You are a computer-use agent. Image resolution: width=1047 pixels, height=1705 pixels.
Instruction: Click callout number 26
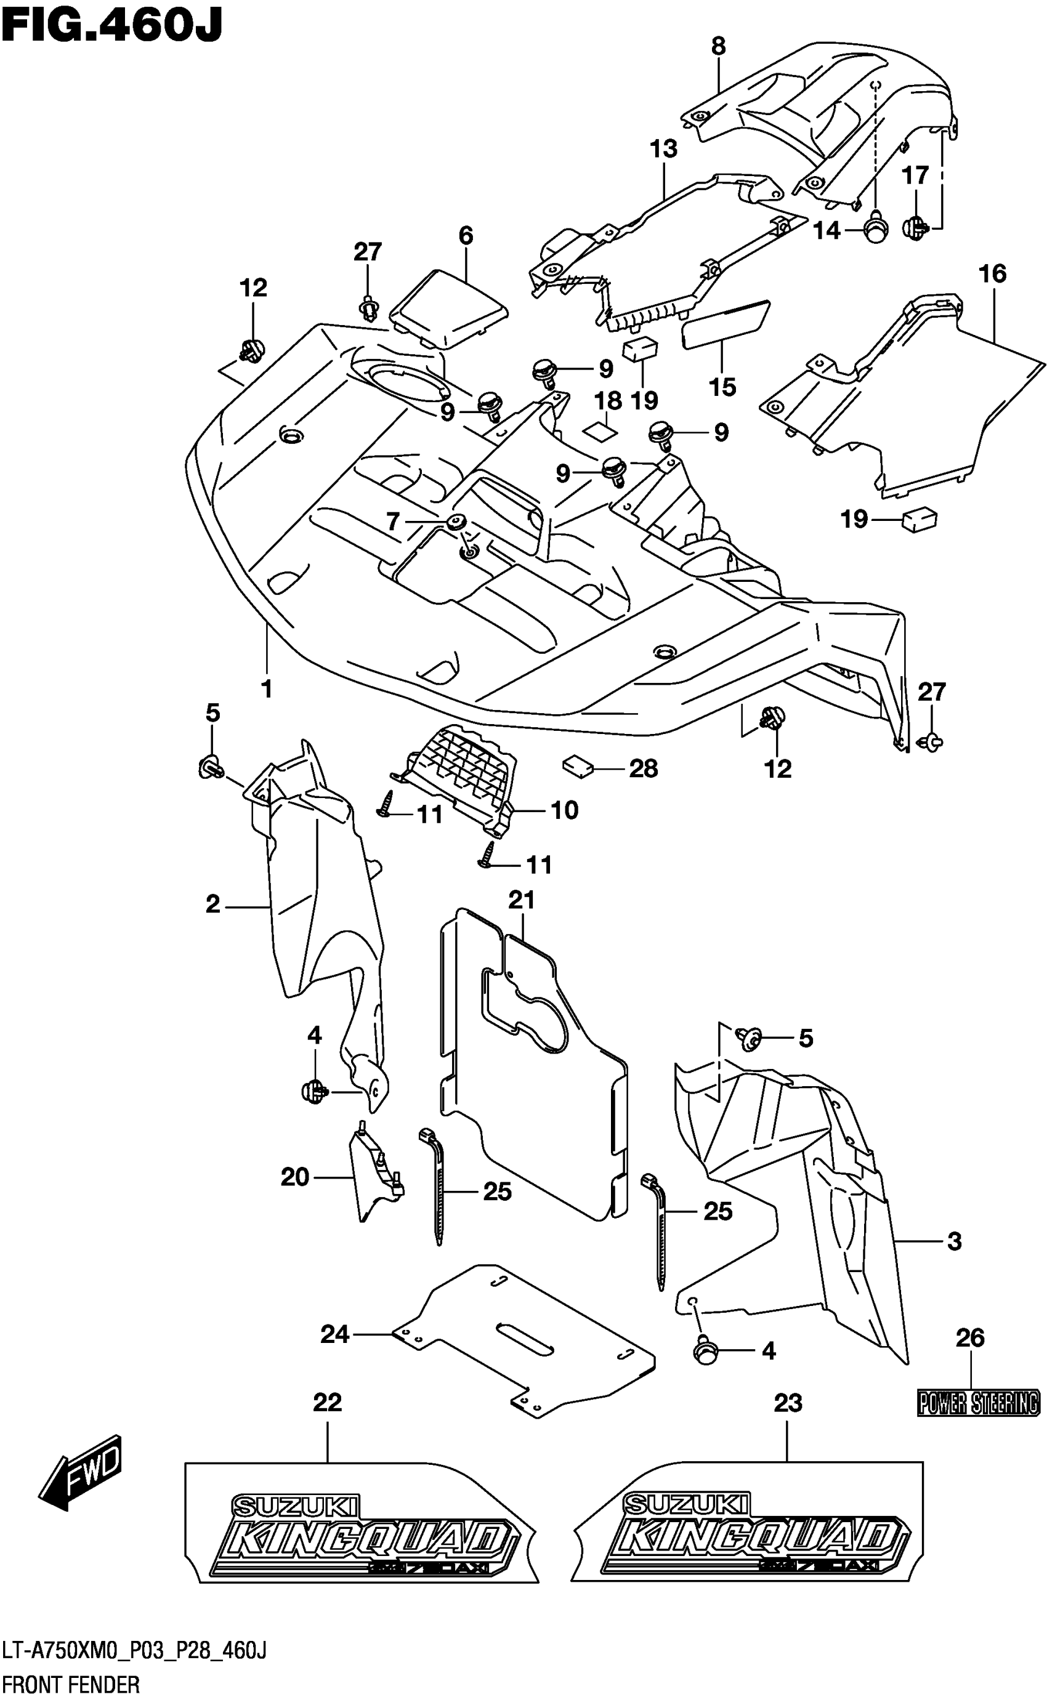pyautogui.click(x=969, y=1338)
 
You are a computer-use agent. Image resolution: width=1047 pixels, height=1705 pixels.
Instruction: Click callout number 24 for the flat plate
pyautogui.click(x=334, y=1334)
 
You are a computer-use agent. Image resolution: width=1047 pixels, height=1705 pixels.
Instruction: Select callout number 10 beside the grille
pyautogui.click(x=564, y=810)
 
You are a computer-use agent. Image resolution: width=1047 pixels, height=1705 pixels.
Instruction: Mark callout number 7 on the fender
pyautogui.click(x=393, y=522)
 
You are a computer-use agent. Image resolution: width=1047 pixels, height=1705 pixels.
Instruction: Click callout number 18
pyautogui.click(x=607, y=401)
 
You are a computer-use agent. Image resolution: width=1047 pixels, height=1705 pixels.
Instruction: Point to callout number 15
pyautogui.click(x=722, y=387)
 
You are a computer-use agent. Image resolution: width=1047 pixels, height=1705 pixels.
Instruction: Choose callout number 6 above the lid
pyautogui.click(x=466, y=235)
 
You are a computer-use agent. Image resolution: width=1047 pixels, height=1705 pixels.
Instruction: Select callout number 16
pyautogui.click(x=992, y=273)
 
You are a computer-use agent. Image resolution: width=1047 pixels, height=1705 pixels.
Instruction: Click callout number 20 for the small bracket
pyautogui.click(x=295, y=1177)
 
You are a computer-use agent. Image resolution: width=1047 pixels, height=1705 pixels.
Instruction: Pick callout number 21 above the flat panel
pyautogui.click(x=522, y=900)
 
